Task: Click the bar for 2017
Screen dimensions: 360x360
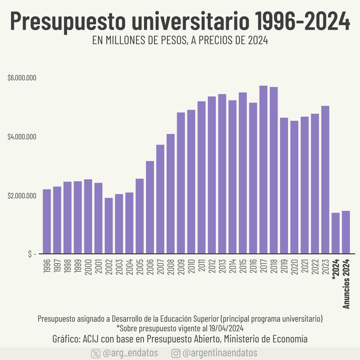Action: click(263, 170)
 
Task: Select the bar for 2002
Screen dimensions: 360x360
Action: click(109, 226)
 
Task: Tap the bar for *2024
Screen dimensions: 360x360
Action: click(336, 233)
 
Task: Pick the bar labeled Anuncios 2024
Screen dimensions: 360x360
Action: click(346, 232)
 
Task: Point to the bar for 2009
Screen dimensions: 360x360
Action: click(181, 183)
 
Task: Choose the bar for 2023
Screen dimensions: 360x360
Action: click(325, 180)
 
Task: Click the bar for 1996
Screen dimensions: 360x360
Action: click(47, 221)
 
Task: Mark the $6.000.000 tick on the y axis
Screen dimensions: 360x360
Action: click(22, 78)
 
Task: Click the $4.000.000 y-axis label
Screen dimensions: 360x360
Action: click(22, 137)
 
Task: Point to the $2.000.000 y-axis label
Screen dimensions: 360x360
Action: click(22, 196)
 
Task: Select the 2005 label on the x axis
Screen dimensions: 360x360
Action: click(140, 267)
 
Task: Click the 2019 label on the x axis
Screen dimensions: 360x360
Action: click(284, 267)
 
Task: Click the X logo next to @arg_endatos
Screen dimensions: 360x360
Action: click(96, 353)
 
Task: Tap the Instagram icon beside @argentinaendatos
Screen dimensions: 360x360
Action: click(176, 353)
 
